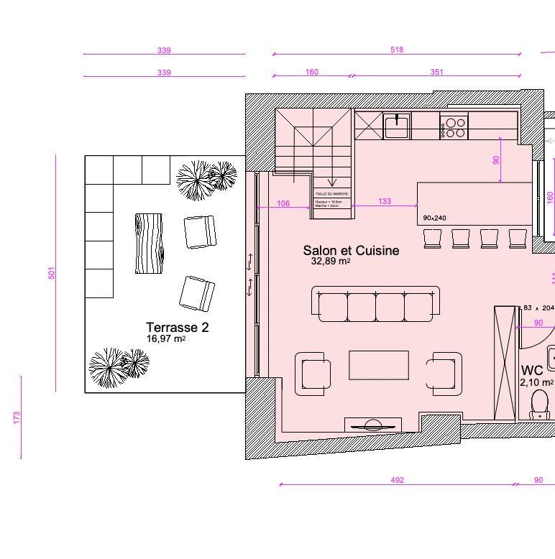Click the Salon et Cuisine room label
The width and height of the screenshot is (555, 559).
pyautogui.click(x=351, y=251)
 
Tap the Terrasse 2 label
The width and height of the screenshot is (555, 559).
pyautogui.click(x=177, y=328)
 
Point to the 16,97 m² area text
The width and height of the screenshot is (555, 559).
pyautogui.click(x=167, y=339)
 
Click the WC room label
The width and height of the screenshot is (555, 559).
pyautogui.click(x=532, y=371)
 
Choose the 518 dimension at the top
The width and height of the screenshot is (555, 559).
pyautogui.click(x=397, y=50)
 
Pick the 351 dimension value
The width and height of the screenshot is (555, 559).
pyautogui.click(x=436, y=72)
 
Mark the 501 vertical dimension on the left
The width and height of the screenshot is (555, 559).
pyautogui.click(x=52, y=273)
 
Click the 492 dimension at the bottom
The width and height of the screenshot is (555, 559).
pyautogui.click(x=397, y=480)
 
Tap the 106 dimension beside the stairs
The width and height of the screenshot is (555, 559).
pyautogui.click(x=283, y=204)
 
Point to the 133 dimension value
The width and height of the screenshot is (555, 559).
pyautogui.click(x=385, y=202)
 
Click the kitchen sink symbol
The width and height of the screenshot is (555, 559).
pyautogui.click(x=396, y=126)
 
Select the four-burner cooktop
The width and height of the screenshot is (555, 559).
pyautogui.click(x=454, y=127)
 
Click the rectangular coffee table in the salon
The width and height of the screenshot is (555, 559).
pyautogui.click(x=379, y=365)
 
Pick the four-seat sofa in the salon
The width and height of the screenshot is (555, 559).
pyautogui.click(x=376, y=305)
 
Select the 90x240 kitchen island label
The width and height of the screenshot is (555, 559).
pyautogui.click(x=435, y=218)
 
